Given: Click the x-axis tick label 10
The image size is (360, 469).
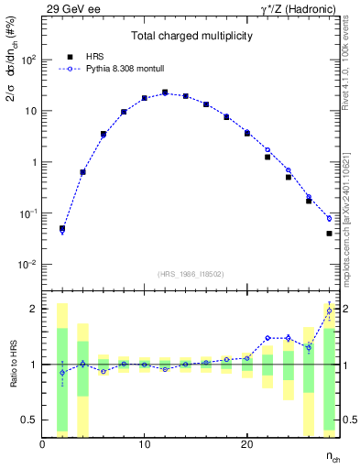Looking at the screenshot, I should tap(144, 444).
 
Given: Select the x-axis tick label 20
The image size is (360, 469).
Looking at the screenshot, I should tap(246, 444).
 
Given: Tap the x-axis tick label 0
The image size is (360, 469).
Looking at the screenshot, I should tap(43, 444).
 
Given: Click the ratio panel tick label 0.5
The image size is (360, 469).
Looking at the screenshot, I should tap(27, 420).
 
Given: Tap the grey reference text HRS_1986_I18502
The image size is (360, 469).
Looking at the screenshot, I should tap(190, 274).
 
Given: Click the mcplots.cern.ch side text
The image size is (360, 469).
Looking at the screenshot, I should tap(352, 220).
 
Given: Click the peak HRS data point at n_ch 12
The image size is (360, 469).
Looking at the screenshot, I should tap(165, 93).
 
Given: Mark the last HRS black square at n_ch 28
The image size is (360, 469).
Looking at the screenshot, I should tap(329, 234).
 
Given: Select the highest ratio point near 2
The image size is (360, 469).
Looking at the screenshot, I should tap(329, 311).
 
